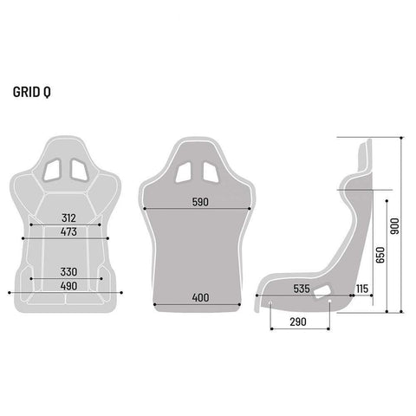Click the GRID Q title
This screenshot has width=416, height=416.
point(32,92)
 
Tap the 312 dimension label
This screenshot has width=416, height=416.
point(68,218)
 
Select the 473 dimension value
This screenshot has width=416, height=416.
point(68,231)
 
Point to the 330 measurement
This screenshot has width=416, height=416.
point(68,272)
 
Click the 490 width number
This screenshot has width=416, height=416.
point(68,286)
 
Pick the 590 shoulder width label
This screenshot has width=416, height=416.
point(200,202)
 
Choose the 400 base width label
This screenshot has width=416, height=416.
point(200,297)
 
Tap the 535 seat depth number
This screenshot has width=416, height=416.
point(302,289)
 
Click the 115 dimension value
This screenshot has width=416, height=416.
point(362,289)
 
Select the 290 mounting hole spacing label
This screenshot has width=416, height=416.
point(298,322)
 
